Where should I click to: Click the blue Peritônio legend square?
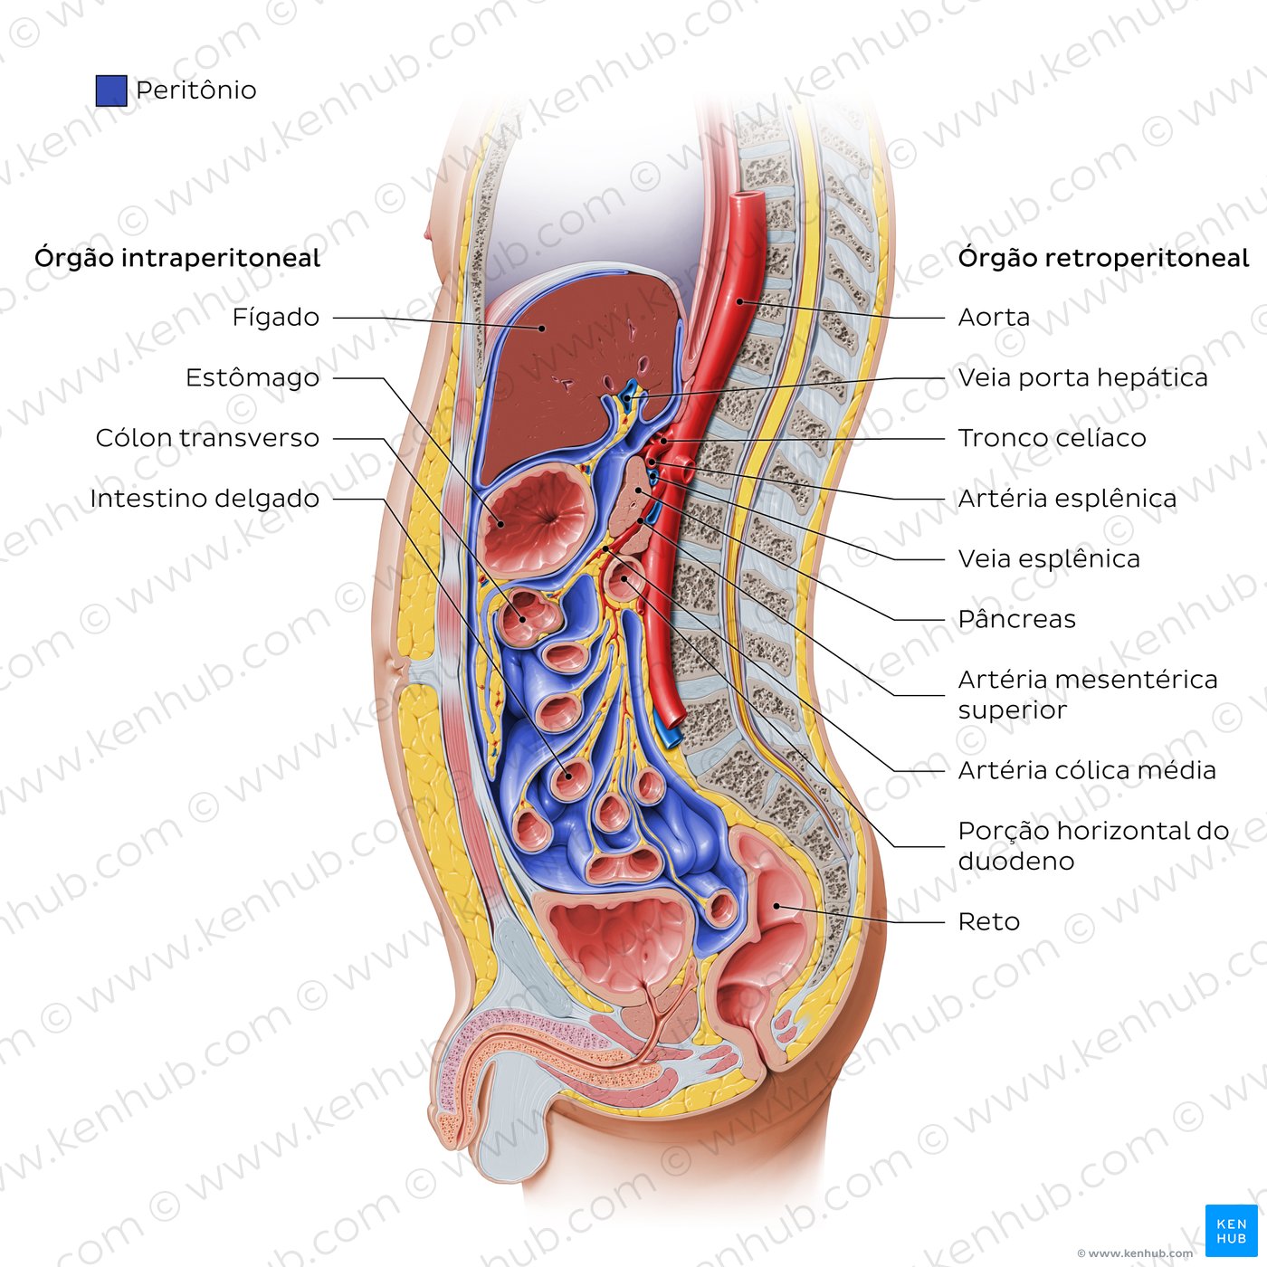coord(111,90)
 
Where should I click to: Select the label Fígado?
coord(276,318)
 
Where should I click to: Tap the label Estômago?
coord(252,378)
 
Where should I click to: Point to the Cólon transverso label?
coord(208,439)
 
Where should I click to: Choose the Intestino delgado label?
coord(205,499)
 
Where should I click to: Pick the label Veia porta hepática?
coord(1083,378)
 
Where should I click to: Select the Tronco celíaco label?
coord(1052,439)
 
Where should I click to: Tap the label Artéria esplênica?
coord(1067,499)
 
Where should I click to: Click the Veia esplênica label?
coord(1049,559)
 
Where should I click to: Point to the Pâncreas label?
coord(1017,619)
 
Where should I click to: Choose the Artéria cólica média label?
coord(1087,770)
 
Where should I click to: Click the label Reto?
coord(989,922)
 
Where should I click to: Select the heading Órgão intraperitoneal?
coord(177,259)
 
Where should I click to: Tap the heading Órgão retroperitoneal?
coord(1103,259)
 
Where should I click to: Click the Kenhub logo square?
coord(1232,1231)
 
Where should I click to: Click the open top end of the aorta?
coord(747,196)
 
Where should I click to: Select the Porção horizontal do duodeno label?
coord(1093,846)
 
